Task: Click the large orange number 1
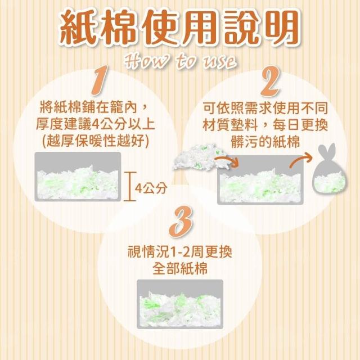pos(101,80)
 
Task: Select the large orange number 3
pos(181,221)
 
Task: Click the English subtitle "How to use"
pos(180,61)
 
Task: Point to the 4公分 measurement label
pos(151,188)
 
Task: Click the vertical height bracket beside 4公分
pos(130,186)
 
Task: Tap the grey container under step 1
pos(78,177)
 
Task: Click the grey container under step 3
pos(180,304)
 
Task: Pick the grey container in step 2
pos(260,179)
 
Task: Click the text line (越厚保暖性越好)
pos(96,141)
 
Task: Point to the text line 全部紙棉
pos(180,268)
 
